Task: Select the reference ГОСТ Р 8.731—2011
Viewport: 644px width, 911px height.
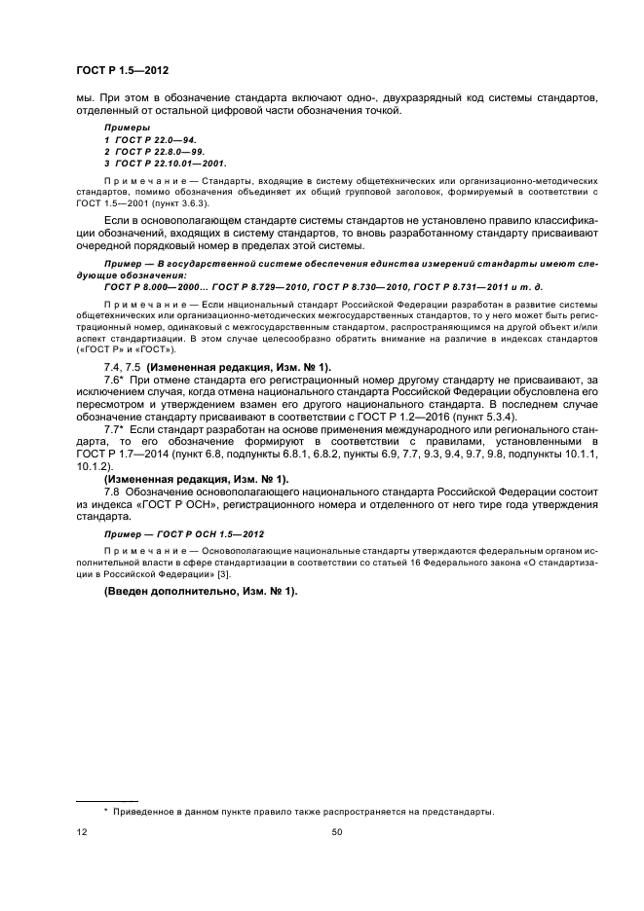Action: [x=453, y=287]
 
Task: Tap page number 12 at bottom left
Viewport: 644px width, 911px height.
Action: [x=81, y=832]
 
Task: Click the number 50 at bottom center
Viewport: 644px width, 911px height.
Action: [x=337, y=832]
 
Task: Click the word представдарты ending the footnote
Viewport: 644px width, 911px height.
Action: [x=458, y=811]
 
